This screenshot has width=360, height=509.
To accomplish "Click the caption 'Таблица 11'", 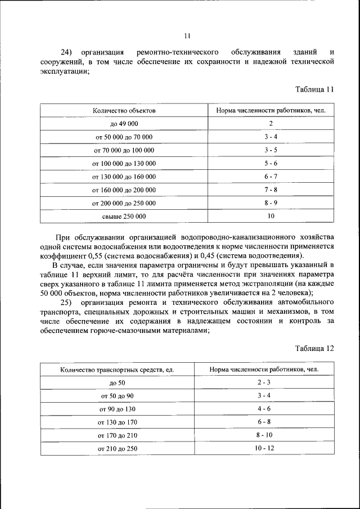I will pyautogui.click(x=314, y=89).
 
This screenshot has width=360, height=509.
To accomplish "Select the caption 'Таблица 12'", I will pyautogui.click(x=314, y=348).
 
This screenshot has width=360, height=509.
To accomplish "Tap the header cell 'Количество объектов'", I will pyautogui.click(x=124, y=110).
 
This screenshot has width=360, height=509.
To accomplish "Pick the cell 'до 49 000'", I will pyautogui.click(x=124, y=124).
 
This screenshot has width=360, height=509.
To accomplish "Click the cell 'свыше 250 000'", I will pyautogui.click(x=124, y=216).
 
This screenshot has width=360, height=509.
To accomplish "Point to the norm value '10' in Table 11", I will pyautogui.click(x=271, y=216).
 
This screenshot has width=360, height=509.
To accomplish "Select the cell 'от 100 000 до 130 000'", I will pyautogui.click(x=124, y=163).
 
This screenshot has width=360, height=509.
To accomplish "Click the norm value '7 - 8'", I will pyautogui.click(x=271, y=190).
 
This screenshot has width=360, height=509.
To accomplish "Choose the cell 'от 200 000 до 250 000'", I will pyautogui.click(x=124, y=203).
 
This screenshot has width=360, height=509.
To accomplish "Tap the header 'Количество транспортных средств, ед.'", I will pyautogui.click(x=117, y=370).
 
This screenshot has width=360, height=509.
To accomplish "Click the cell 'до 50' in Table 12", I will pyautogui.click(x=117, y=383).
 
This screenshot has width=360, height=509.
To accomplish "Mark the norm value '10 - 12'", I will pyautogui.click(x=264, y=448).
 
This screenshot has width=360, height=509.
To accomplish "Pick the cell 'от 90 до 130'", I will pyautogui.click(x=117, y=409).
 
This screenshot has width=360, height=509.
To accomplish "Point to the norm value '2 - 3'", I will pyautogui.click(x=264, y=382).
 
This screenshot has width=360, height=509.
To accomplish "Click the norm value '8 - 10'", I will pyautogui.click(x=264, y=435).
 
